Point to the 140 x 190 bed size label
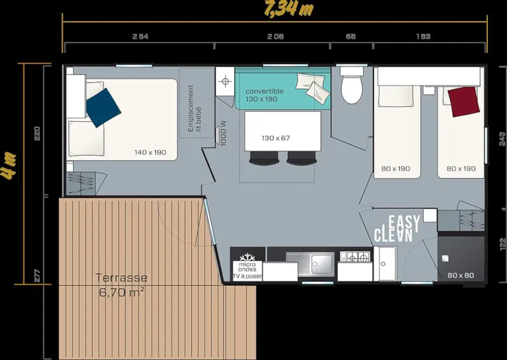click(x=150, y=152)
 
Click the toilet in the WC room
click(x=350, y=87)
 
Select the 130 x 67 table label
click(x=276, y=138)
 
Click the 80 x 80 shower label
click(x=461, y=275)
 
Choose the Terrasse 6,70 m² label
click(x=122, y=285)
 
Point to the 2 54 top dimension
click(x=139, y=37)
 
